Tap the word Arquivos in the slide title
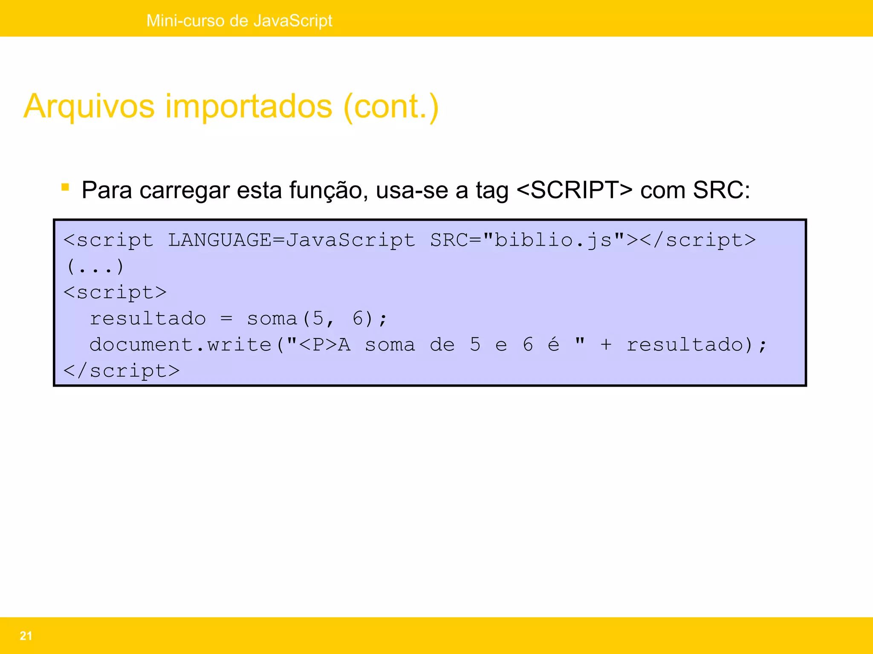89,106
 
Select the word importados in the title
249,106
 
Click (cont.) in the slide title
391,106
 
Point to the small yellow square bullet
65,187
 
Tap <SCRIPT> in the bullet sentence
574,190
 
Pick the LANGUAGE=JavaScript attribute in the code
291,241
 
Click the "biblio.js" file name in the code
554,241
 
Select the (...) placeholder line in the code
95,267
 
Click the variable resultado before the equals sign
147,319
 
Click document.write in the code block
180,345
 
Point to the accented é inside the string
553,344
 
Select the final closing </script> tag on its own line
121,371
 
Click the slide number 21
26,636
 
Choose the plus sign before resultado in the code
606,345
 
